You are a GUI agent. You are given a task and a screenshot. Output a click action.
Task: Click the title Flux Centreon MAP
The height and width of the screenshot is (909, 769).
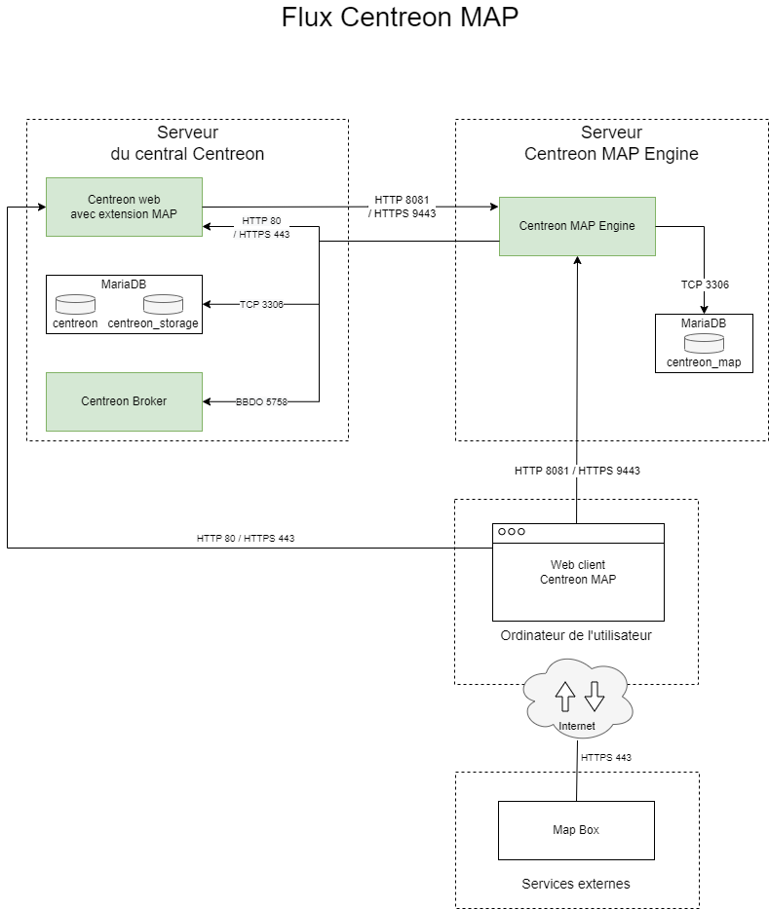pos(400,18)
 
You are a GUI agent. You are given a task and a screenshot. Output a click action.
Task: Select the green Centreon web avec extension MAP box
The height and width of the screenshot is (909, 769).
pos(124,207)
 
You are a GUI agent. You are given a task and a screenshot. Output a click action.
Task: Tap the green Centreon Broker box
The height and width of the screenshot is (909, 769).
pos(124,400)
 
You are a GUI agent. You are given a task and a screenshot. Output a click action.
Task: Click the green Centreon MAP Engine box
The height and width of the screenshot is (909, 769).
pos(577,226)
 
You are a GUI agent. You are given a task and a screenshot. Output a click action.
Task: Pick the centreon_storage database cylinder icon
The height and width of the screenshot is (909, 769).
pos(163,304)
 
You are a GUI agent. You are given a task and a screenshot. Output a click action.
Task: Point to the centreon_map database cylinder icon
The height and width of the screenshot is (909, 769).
pos(704,343)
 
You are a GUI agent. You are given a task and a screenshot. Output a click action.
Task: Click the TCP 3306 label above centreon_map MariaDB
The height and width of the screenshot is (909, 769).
pos(705,284)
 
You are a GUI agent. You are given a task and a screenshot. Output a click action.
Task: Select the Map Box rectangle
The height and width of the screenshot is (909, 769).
pos(576,830)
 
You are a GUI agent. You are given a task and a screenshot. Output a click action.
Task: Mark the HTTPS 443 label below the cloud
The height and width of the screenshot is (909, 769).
pos(606,757)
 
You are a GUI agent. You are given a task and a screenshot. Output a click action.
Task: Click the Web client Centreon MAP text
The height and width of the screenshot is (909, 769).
pos(578,572)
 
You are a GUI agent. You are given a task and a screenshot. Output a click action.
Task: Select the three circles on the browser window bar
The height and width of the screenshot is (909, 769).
pos(512,532)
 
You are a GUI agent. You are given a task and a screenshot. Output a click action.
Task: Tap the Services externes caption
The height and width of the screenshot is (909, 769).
pos(576,884)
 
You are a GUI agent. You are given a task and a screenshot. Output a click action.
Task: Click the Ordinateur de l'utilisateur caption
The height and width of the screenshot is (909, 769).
pos(576,635)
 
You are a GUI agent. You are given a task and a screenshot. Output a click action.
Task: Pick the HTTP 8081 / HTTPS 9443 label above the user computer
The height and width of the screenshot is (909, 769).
pos(577,471)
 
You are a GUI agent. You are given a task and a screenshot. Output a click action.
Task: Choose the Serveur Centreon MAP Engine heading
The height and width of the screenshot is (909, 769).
pos(611,143)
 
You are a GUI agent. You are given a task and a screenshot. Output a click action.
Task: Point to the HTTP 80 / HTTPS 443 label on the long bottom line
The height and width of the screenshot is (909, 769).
pos(246,538)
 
